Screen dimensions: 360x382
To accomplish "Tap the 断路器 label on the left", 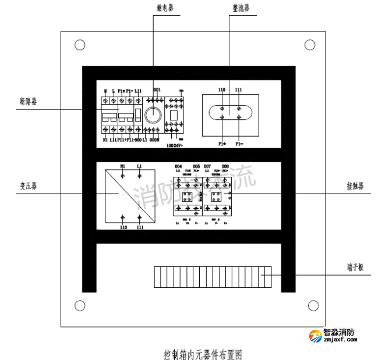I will [27, 101].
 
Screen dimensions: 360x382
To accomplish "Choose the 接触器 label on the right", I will [355, 187].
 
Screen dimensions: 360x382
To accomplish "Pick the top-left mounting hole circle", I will [80, 44].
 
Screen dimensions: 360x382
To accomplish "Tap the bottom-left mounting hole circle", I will [80, 305].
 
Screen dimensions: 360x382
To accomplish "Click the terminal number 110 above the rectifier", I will [221, 90].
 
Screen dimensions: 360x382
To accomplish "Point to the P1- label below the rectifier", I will [239, 143].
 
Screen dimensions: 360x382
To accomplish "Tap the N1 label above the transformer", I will [122, 166].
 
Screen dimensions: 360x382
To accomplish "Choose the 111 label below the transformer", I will [140, 228].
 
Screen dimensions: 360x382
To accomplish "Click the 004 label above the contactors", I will [178, 166].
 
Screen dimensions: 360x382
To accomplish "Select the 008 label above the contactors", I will [225, 166].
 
